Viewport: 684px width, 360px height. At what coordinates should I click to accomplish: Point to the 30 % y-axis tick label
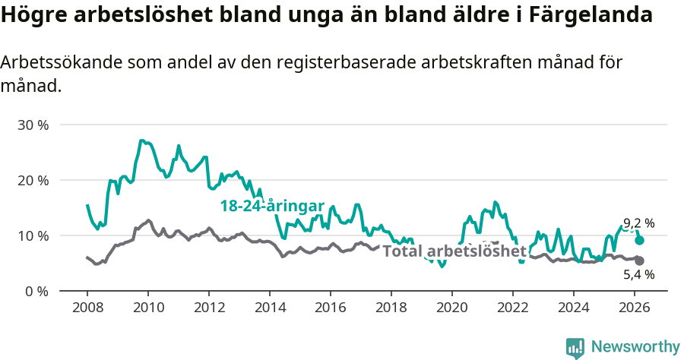point(33,125)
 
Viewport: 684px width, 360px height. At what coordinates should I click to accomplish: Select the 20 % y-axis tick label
point(33,180)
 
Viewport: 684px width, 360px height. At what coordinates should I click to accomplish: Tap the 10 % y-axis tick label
point(33,235)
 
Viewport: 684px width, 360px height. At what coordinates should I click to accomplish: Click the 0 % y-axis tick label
point(36,291)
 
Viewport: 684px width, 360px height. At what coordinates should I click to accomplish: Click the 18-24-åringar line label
point(272,206)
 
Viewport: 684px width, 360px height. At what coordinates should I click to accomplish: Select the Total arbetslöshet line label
point(454,251)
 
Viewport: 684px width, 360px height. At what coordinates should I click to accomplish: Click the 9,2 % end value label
point(638,223)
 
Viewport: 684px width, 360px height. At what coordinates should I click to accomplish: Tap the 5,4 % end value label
point(638,275)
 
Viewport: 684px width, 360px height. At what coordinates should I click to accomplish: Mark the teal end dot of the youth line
point(639,240)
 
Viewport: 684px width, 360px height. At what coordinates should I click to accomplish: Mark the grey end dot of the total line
point(639,261)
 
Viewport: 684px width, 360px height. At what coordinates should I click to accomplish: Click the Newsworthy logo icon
point(575,348)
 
